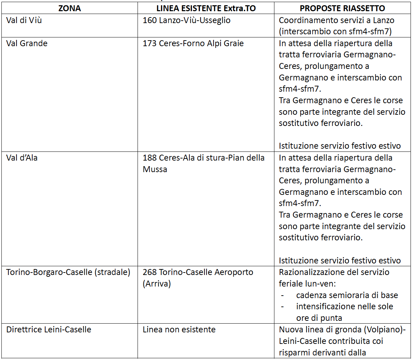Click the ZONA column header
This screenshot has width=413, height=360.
pos(69,8)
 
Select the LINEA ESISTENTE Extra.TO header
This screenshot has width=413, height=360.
pos(206,8)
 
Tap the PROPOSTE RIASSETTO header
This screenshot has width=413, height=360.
pos(342,8)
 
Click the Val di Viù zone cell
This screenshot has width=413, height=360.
pos(24,20)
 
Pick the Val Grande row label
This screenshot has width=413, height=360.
pos(27,43)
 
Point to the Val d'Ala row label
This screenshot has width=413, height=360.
pos(22,158)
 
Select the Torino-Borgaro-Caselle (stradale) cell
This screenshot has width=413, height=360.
pos(68,272)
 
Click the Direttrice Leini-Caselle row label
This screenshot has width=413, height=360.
pos(49,330)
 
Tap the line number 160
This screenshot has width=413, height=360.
pos(149,20)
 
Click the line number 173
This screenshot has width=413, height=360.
pos(149,43)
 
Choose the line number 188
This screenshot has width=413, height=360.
pos(149,158)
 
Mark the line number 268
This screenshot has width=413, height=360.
pos(149,272)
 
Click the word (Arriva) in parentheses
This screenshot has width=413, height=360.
pos(156,284)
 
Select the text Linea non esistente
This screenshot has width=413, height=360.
pos(179,330)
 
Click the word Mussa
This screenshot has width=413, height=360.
pos(155,169)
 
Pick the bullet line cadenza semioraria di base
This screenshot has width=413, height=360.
pos(347,295)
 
